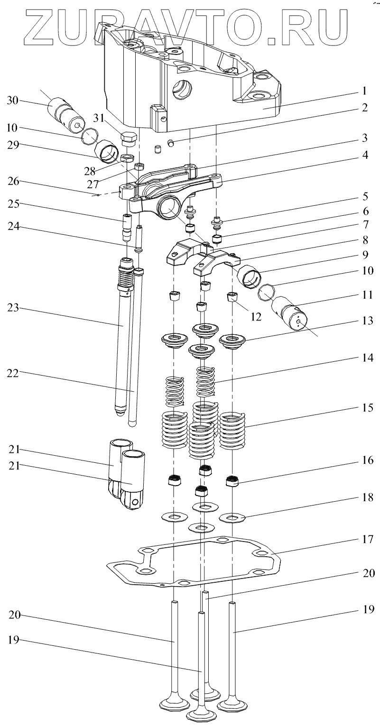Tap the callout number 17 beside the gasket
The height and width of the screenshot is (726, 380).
tap(367, 539)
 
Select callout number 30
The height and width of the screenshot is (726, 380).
tap(13, 101)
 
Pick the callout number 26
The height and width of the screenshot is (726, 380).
tap(13, 181)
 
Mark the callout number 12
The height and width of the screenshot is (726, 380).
tap(257, 316)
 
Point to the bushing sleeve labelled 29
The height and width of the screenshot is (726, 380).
tap(108, 152)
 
